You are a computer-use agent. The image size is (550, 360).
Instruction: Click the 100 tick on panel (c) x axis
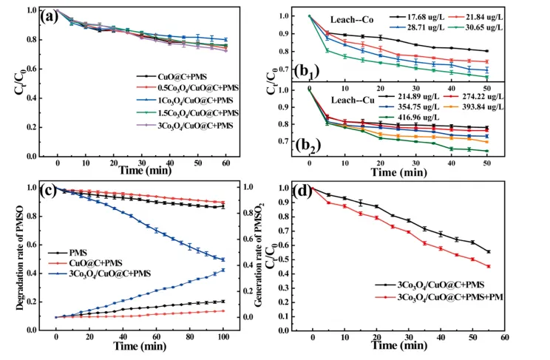click(x=224, y=336)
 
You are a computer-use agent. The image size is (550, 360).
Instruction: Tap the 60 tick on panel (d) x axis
click(x=505, y=336)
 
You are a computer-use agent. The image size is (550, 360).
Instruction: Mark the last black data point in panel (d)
click(x=489, y=252)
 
